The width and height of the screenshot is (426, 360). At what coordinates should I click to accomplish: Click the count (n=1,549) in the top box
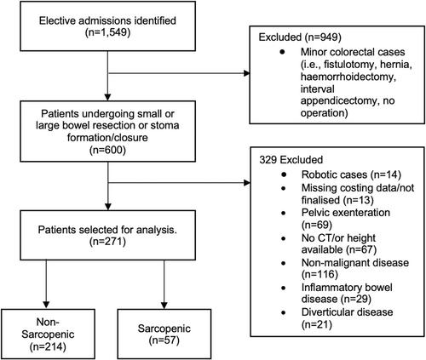point(107,32)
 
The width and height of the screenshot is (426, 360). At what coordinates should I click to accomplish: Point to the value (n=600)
point(107,150)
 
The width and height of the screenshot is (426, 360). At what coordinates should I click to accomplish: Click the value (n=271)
point(107,242)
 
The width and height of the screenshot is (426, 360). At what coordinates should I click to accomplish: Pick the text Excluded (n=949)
point(300,37)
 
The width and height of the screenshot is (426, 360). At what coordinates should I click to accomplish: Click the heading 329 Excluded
point(291,160)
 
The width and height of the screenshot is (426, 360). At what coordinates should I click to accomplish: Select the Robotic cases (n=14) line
point(351,174)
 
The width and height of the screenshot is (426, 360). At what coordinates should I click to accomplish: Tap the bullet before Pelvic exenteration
point(284,213)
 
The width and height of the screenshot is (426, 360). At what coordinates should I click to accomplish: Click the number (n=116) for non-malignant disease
point(319,275)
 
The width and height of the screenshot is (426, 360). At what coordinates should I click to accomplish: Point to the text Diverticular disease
point(347,312)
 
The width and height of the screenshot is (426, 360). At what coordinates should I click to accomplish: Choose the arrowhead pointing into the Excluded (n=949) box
point(246,73)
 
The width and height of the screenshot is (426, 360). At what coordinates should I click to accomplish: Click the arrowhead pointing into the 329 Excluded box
point(246,182)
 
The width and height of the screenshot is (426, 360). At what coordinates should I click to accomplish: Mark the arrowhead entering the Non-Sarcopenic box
point(46,305)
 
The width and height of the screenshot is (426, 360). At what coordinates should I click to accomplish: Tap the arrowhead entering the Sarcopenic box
point(164,305)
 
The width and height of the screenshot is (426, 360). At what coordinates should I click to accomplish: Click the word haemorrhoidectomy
point(348,77)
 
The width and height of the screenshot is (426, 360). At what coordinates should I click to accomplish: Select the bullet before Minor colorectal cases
point(282,52)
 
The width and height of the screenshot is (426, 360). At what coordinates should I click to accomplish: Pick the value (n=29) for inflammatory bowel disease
point(355,299)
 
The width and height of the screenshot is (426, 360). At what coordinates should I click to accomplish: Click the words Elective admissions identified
point(107,20)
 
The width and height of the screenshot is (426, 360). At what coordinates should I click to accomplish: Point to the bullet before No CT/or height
point(284,238)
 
